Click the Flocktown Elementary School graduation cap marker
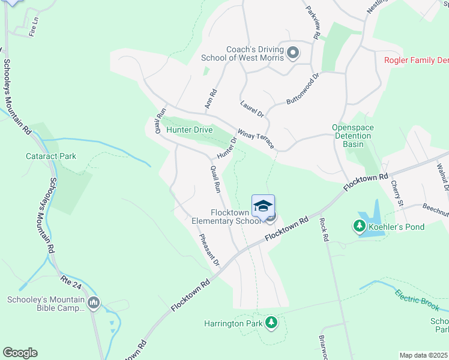tap(263, 206)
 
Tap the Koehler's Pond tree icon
tap(360, 226)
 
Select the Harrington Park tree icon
tap(272, 323)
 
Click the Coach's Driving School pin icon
tap(294, 53)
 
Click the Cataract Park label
tap(51, 156)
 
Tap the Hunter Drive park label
tap(190, 130)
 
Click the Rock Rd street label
tap(325, 229)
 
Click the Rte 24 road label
tap(70, 280)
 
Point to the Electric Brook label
tap(418, 301)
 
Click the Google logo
tap(20, 353)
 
